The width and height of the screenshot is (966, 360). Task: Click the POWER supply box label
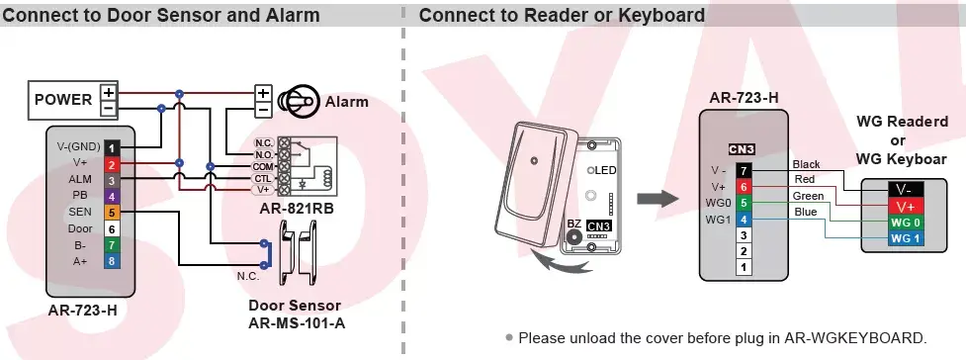point(63,99)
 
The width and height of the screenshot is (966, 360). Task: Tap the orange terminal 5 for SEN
point(112,213)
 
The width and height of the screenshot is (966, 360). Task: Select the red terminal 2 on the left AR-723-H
point(112,164)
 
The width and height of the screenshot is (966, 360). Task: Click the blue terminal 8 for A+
point(112,261)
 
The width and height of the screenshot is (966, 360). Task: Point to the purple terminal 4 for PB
point(112,197)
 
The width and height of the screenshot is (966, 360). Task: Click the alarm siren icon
point(299,101)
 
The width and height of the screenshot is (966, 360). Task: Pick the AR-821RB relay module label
point(297,209)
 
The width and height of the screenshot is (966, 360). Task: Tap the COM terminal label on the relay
point(263,166)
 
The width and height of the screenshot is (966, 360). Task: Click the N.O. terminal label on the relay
point(264,154)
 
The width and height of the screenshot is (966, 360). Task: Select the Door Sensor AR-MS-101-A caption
point(296,314)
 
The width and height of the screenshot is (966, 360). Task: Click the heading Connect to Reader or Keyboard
point(562,15)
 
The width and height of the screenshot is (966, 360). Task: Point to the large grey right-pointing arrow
point(658,199)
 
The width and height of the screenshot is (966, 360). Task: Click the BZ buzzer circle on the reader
point(574,237)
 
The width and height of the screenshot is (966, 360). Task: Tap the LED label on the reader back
point(605,170)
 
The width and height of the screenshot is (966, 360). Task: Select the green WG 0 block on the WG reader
point(905,223)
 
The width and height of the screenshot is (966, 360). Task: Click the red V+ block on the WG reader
point(905,207)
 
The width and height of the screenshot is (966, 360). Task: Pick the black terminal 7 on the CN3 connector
point(745,171)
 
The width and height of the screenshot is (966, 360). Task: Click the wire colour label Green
point(808,196)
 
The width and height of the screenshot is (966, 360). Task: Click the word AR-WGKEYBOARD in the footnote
point(854,338)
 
